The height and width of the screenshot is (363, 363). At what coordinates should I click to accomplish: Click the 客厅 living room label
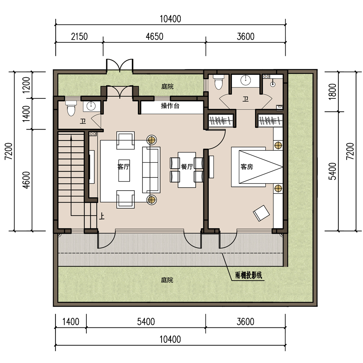pos(123,167)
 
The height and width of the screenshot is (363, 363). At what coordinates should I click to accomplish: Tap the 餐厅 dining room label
pos(187,167)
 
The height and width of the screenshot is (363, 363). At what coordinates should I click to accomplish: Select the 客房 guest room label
pos(247,167)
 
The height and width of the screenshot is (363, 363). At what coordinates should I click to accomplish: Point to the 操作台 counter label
pos(170,106)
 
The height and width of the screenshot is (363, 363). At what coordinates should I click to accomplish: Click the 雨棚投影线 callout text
pos(249,275)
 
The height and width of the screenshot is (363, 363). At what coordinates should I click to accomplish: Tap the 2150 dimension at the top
pos(79,37)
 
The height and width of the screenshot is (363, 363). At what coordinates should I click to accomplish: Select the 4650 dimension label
pos(154,37)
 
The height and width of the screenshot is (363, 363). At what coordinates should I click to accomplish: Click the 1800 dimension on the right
pos(332,91)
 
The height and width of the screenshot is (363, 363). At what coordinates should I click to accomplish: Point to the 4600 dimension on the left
pos(26,180)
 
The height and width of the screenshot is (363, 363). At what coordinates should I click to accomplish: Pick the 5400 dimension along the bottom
pos(146,322)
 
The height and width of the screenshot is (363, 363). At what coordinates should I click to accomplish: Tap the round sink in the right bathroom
pos(246,80)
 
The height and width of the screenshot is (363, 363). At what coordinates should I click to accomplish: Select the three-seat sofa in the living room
pos(151,170)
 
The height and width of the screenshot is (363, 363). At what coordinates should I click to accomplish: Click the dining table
pos(187,170)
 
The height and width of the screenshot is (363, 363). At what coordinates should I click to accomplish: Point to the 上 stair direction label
pos(102,216)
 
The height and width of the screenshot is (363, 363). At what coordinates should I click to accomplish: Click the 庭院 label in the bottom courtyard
pos(167,280)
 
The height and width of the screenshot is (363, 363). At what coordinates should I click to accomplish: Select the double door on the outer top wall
pos(120,65)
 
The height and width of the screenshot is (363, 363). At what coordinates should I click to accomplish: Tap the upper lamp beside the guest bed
pos(278,146)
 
